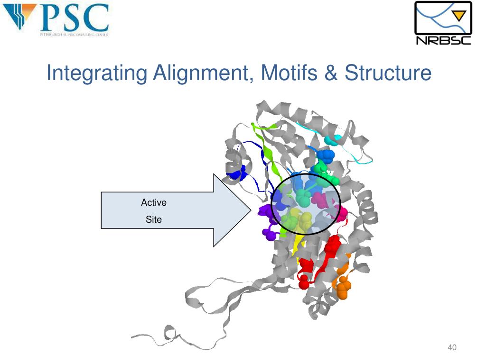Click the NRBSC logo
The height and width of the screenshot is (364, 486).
443,23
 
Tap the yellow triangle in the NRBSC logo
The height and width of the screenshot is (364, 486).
458,16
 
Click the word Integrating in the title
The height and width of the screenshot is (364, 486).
97,73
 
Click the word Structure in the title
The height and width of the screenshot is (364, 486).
388,73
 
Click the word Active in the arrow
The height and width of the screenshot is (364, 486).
154,203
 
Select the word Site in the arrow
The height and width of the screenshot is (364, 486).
154,219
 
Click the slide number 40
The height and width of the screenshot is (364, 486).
452,348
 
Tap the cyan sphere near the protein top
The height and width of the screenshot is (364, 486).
335,139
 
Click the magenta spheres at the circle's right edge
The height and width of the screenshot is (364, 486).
341,212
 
